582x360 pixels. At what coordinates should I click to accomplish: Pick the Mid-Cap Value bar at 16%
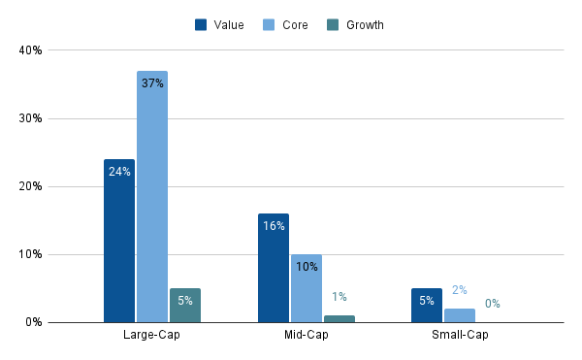274,268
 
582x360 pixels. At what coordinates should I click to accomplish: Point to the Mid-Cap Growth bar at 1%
339,318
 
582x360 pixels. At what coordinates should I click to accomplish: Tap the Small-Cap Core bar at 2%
460,315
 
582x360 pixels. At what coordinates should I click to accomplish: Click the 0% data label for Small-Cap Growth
493,304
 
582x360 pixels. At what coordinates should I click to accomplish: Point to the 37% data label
152,83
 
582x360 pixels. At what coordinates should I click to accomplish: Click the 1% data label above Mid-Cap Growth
339,297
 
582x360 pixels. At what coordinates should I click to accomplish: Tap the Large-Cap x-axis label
151,336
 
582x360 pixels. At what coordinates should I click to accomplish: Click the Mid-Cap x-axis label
306,336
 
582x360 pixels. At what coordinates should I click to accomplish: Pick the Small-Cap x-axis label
460,336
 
